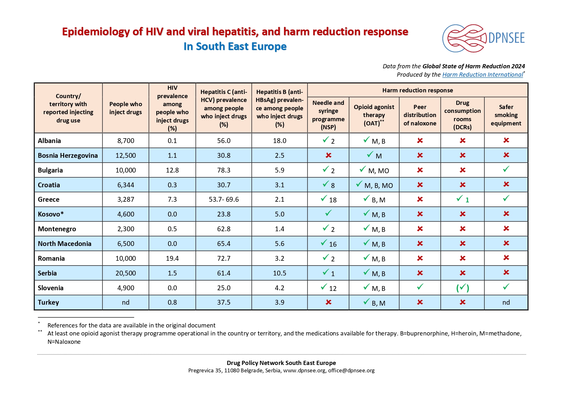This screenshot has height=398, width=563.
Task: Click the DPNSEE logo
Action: pos(483,38)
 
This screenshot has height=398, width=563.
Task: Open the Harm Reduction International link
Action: pos(482,75)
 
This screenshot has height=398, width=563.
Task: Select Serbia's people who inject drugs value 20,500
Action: pos(125,273)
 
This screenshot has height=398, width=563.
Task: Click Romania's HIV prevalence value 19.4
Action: pos(172,258)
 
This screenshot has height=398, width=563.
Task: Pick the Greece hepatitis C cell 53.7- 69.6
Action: pos(224,199)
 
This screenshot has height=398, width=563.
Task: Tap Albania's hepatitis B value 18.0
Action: pos(279,141)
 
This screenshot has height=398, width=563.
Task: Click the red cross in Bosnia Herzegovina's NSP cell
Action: pos(328,156)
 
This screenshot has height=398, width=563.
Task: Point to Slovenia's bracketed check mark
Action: pos(462,288)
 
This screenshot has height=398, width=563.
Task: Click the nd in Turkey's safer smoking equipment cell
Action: pos(506,302)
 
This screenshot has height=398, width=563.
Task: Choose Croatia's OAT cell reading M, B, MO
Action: pos(374,185)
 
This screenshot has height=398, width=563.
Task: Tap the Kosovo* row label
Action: pos(51,214)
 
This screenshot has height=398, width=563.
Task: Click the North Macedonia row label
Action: pos(64,244)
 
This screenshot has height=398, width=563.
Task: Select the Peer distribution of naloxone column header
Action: pos(420,115)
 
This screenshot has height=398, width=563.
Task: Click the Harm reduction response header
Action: pos(417,90)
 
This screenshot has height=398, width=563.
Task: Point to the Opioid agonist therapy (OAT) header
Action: pos(374,115)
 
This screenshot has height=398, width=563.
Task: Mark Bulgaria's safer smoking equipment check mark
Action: pos(506,169)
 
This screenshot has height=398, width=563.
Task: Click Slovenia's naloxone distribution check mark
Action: pos(420,287)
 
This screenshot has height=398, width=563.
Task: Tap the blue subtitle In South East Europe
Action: pos(235,47)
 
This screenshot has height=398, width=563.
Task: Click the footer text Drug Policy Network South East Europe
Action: pos(281,363)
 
